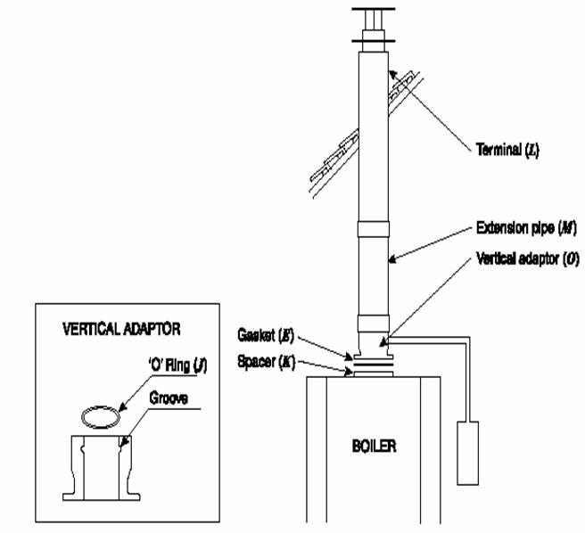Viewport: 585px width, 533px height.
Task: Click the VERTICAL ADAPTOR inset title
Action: [122, 328]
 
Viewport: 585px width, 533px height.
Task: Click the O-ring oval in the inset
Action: [98, 414]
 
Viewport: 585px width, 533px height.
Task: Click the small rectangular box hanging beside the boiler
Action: [469, 453]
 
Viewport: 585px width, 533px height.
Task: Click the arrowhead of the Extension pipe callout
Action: [390, 260]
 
